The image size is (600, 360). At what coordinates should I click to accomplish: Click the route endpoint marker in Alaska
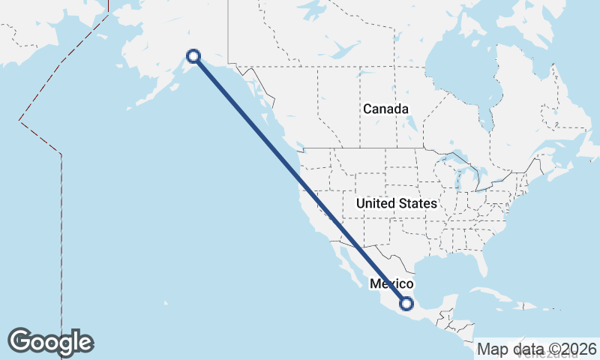pos(193,55)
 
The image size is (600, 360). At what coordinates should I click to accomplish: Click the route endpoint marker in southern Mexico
pos(406,304)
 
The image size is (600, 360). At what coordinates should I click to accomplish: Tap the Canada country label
pos(385,109)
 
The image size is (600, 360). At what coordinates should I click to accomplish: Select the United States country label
pos(396,203)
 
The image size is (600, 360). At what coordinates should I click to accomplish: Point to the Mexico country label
pos(391,284)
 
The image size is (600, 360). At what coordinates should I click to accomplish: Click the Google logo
pos(50,341)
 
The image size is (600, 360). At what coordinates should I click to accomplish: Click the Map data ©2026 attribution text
pos(537,349)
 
